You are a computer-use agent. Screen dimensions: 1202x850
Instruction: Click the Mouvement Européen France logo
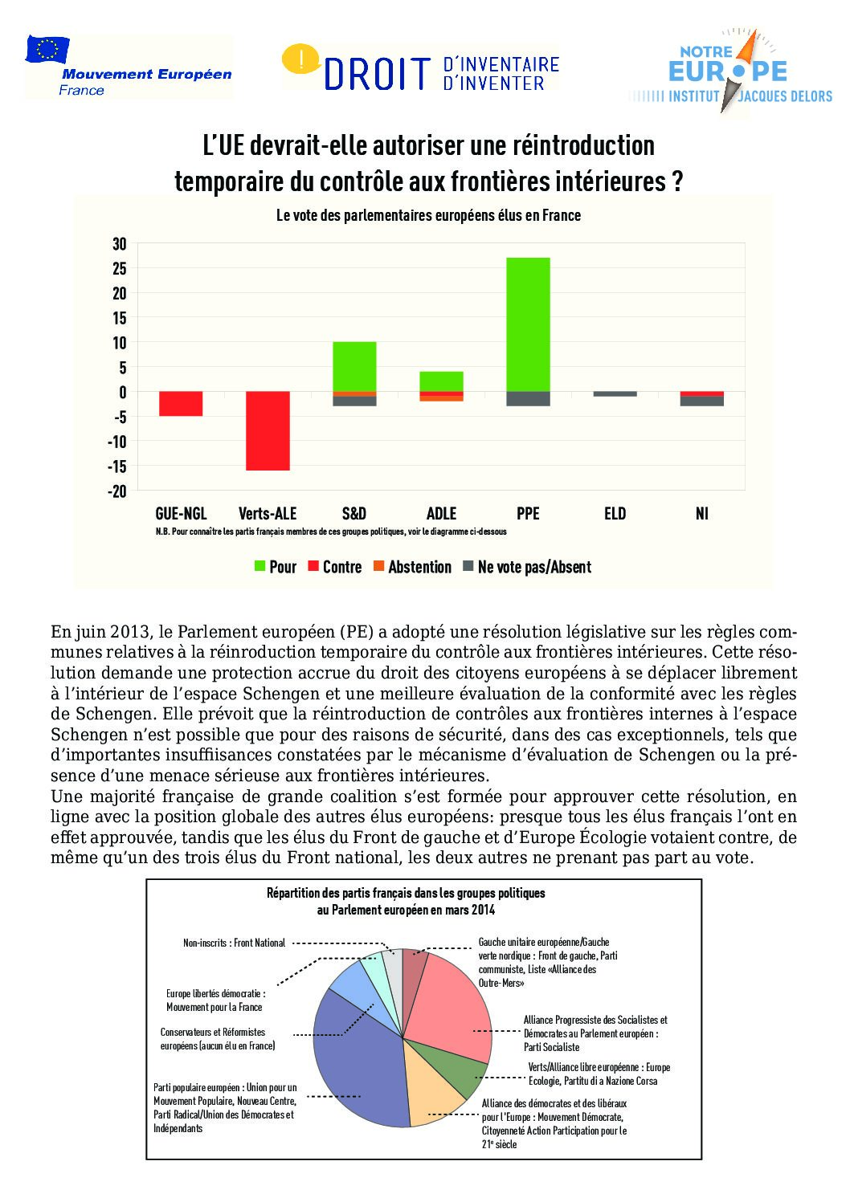(x=129, y=67)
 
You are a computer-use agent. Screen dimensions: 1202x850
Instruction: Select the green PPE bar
(x=528, y=324)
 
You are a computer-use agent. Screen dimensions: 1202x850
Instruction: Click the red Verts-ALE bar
(x=268, y=430)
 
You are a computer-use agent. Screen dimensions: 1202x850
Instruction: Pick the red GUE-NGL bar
(x=181, y=404)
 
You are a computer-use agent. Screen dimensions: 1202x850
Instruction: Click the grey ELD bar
(x=615, y=394)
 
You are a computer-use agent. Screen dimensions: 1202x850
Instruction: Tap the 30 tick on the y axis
(x=119, y=243)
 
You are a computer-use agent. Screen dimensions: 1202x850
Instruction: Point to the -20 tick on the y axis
(x=117, y=491)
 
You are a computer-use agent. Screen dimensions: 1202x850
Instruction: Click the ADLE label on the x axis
(x=441, y=514)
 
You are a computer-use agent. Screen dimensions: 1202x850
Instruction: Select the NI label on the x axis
(x=702, y=514)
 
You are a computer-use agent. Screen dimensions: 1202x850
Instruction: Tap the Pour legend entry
(x=276, y=567)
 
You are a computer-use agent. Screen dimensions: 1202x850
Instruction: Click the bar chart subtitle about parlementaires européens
(x=428, y=215)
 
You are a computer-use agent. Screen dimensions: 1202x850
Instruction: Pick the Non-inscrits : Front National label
(x=234, y=943)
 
